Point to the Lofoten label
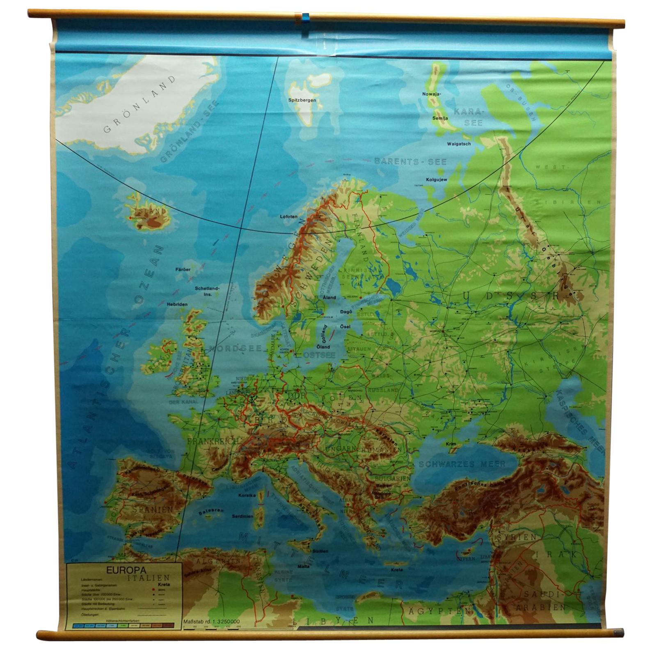(x=288, y=216)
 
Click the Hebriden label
(x=177, y=304)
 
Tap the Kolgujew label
(x=436, y=179)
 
